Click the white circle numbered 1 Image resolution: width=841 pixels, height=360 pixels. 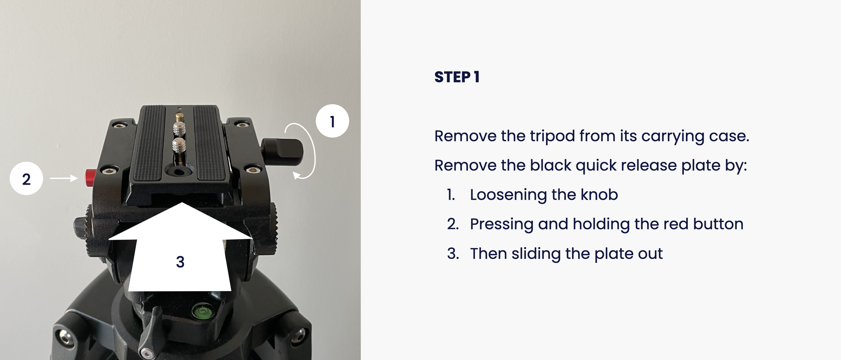(332, 121)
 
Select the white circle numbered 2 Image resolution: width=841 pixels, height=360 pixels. (26, 179)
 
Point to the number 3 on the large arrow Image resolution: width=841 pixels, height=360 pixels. (180, 262)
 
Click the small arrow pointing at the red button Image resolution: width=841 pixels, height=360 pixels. (64, 178)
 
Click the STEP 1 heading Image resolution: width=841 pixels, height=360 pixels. (457, 77)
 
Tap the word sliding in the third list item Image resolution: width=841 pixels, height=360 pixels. (536, 254)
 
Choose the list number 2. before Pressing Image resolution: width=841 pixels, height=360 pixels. (453, 224)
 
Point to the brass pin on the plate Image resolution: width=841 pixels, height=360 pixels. (179, 118)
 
